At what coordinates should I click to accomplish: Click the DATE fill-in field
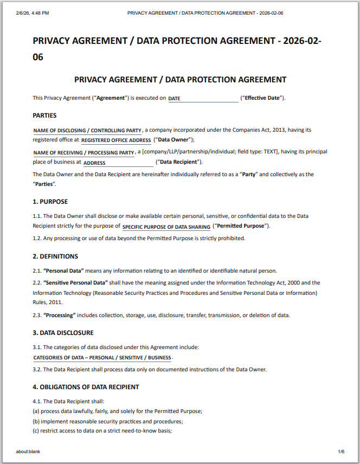203,99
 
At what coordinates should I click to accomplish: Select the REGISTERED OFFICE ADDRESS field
116,140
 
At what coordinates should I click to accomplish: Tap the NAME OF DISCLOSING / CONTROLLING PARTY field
87,131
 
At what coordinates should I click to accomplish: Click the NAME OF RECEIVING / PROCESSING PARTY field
83,153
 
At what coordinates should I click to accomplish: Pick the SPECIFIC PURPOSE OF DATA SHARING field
166,227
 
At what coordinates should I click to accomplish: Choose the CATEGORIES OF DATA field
102,358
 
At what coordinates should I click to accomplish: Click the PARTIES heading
44,115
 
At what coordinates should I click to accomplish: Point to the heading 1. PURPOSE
50,202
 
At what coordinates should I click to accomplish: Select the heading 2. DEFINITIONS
55,256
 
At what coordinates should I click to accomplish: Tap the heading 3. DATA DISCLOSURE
63,333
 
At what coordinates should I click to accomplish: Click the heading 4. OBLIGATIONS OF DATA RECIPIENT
86,387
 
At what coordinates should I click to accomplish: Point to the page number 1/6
341,452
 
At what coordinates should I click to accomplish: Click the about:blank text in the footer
28,452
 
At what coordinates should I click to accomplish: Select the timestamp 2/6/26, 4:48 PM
33,12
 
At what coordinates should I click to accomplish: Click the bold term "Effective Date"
263,98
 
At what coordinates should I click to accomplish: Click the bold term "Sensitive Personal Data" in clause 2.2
76,283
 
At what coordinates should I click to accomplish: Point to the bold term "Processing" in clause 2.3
59,315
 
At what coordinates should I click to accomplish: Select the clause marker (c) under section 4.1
36,431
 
